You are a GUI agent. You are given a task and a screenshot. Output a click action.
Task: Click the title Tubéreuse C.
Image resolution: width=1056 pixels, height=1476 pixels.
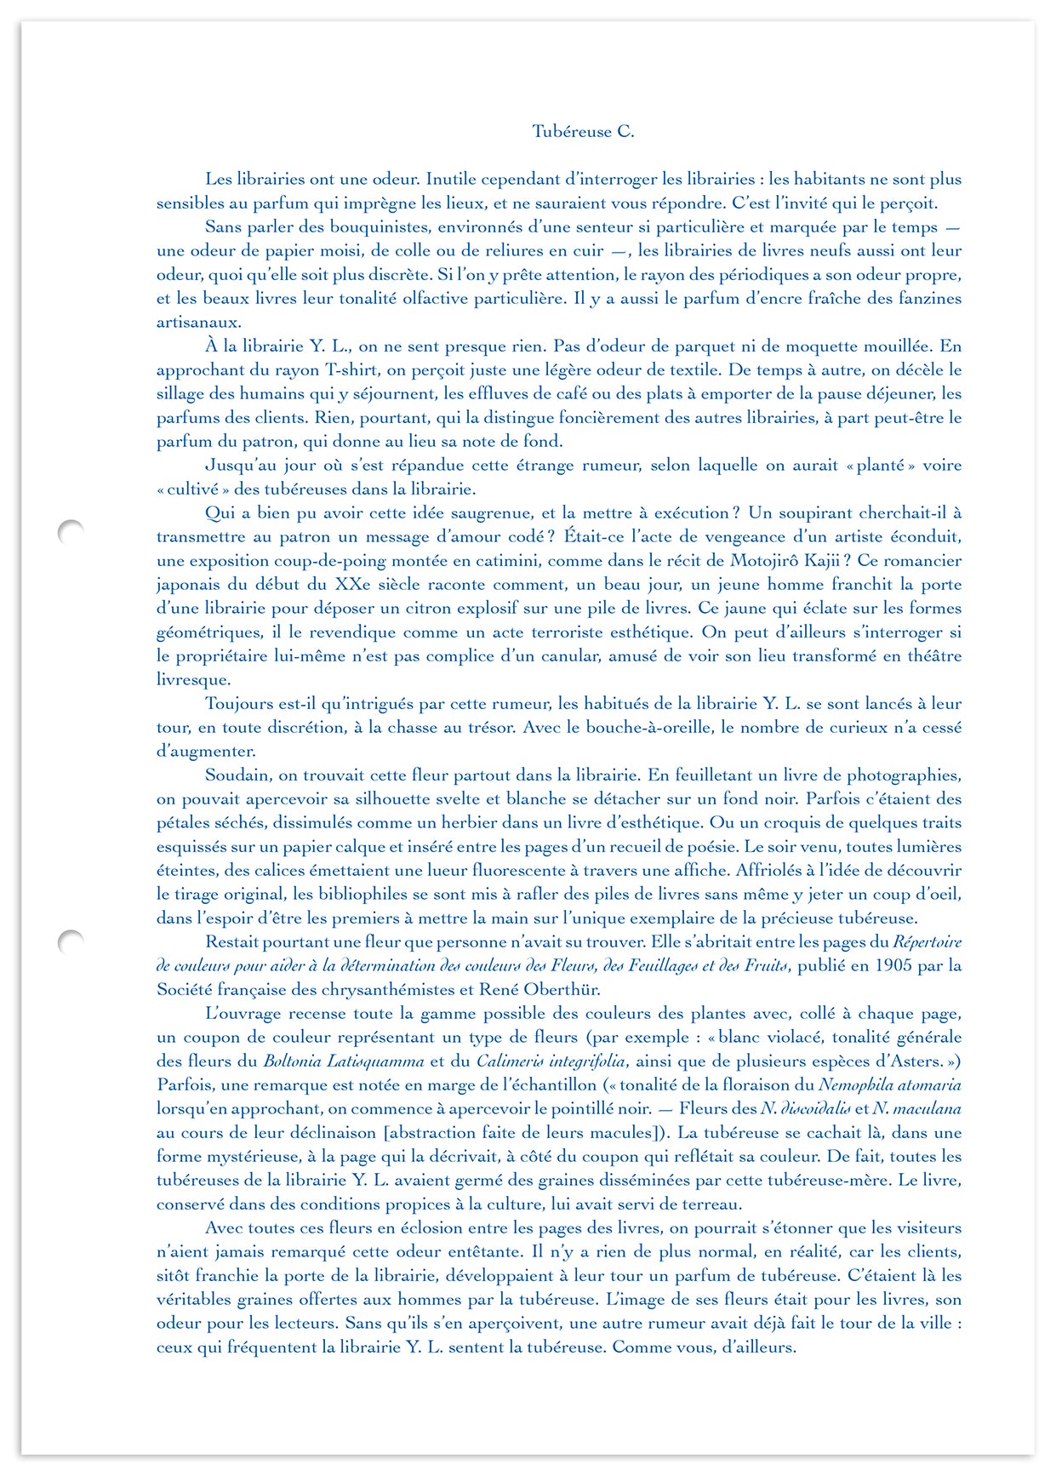coord(583,131)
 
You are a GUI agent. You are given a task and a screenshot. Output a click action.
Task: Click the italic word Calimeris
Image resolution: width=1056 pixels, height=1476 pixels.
coord(509,1061)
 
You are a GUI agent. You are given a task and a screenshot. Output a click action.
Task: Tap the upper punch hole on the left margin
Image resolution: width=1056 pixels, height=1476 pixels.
coord(71,531)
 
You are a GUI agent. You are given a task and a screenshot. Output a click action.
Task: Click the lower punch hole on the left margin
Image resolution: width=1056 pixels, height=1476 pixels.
coord(71,941)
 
